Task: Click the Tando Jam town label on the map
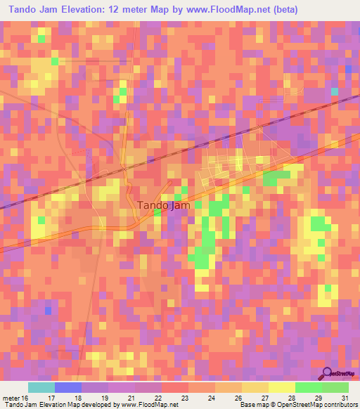(x=162, y=205)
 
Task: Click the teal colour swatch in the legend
(x=41, y=387)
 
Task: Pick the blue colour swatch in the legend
(x=68, y=387)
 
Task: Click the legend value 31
(x=344, y=397)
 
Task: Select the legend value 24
(x=210, y=397)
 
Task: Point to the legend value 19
(x=104, y=397)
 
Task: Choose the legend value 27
(x=264, y=397)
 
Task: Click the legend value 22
(x=157, y=397)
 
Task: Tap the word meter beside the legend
(x=11, y=397)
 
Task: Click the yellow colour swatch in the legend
(x=281, y=387)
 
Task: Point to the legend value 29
(x=318, y=397)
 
